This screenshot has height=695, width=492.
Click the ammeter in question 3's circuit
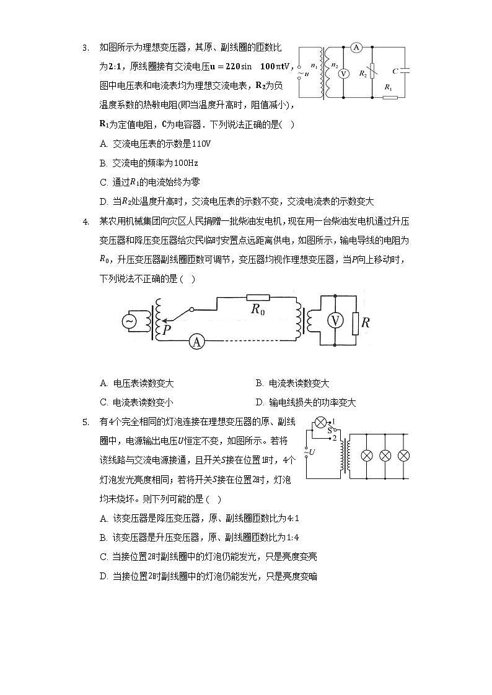(x=356, y=47)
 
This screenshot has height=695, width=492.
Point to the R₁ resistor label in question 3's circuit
(x=389, y=88)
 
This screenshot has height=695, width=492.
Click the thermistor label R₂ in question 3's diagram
(x=363, y=74)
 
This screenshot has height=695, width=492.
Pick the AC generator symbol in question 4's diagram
(x=130, y=321)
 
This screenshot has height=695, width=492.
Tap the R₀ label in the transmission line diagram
(x=257, y=309)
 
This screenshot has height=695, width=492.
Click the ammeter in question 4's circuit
(x=196, y=342)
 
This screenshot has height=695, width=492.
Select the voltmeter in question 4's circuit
(x=335, y=321)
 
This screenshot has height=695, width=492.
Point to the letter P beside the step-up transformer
(x=167, y=331)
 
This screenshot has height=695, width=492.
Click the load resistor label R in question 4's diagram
(x=366, y=322)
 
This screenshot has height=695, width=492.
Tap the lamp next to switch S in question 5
(x=320, y=423)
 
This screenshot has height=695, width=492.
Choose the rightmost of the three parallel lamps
(x=403, y=456)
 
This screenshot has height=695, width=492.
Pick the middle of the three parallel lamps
(x=385, y=456)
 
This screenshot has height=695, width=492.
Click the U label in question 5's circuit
(x=312, y=452)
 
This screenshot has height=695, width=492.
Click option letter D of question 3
(x=103, y=202)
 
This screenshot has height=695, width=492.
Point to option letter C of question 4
(x=103, y=402)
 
